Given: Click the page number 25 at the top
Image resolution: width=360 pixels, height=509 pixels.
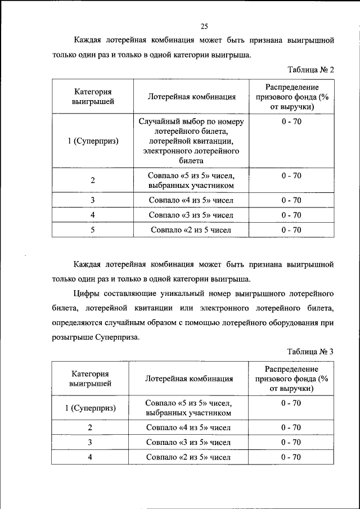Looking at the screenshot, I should [x=204, y=26].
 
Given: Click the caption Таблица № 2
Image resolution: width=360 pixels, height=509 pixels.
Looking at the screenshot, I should [x=310, y=70].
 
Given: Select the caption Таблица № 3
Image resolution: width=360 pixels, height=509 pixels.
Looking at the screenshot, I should [x=310, y=352].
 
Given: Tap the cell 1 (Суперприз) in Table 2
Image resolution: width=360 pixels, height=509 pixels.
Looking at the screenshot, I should [x=92, y=141].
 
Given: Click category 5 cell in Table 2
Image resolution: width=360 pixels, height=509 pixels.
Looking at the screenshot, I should [x=92, y=229].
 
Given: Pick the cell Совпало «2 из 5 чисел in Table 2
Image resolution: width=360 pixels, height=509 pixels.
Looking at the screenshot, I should [x=191, y=229].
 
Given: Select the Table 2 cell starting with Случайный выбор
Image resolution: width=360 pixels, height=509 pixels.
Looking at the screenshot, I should [x=191, y=141].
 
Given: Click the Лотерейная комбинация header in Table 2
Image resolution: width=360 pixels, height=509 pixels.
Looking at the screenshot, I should [x=191, y=97].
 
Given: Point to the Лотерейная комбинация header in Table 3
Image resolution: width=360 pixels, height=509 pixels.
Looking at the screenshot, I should [x=189, y=379].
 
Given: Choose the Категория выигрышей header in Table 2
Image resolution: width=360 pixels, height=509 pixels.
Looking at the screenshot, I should [x=92, y=97].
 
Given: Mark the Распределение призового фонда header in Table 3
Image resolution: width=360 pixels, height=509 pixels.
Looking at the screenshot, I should [x=291, y=379].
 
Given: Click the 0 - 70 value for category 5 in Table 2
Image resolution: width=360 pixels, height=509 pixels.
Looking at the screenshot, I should [x=291, y=229].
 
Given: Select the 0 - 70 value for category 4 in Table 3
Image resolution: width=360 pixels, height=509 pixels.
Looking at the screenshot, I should [x=291, y=457].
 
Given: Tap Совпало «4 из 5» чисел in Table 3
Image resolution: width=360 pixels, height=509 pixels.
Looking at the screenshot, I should [x=189, y=427].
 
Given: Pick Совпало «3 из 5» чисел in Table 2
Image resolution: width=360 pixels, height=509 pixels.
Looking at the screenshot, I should [x=191, y=215].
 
